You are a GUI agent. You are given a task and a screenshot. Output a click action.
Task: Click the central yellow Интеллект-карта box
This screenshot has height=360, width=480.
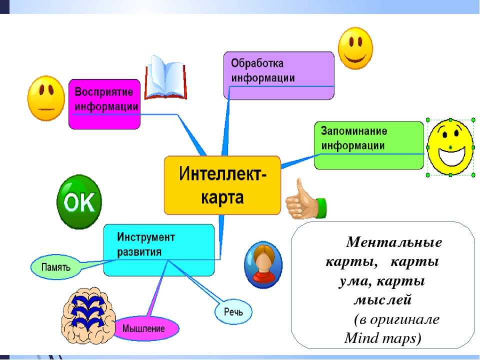tap(222, 185)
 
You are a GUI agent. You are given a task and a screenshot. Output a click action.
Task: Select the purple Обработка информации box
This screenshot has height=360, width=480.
tap(279, 75)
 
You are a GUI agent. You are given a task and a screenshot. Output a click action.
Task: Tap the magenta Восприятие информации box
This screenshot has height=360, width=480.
tap(104, 104)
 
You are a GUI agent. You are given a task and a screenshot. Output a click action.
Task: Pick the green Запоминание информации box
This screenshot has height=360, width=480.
tap(369, 145)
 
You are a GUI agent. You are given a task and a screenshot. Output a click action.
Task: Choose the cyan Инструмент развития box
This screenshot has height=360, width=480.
tap(159, 250)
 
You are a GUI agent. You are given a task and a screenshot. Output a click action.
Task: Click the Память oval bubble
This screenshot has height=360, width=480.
tap(55, 267)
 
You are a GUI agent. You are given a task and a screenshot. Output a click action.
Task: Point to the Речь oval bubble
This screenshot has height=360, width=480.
tap(233, 312)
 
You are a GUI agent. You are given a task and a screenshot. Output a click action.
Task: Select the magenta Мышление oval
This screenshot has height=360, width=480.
tap(144, 328)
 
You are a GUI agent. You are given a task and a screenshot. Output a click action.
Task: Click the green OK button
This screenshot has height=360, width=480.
tap(79, 201)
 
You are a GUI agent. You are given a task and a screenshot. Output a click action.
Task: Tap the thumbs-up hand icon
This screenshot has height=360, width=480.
tap(306, 200)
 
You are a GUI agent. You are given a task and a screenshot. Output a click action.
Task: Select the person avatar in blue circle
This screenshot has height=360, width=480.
tap(263, 265)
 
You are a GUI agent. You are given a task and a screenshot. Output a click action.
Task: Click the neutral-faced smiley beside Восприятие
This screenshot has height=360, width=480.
tap(46, 98)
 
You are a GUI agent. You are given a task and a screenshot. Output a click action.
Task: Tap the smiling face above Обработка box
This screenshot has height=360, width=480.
tap(355, 48)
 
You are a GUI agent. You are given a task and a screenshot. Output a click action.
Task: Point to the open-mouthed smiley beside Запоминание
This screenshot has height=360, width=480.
tap(450, 147)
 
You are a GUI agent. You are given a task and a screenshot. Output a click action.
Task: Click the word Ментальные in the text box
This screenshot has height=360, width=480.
tap(394, 242)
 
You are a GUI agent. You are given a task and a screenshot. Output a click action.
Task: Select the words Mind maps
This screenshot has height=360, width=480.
tap(380, 338)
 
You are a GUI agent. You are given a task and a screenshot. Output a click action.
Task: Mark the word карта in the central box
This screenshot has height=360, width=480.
tap(222, 197)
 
